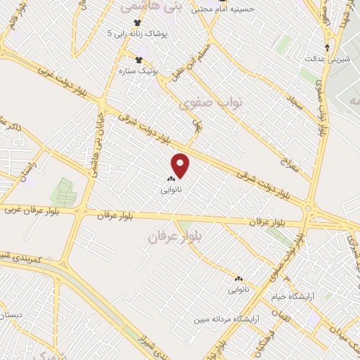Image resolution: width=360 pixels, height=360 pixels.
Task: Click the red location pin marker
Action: [181, 166]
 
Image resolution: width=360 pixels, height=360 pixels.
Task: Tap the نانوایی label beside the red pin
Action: [171, 190]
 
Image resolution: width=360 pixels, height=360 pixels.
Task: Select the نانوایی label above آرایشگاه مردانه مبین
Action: [238, 288]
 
